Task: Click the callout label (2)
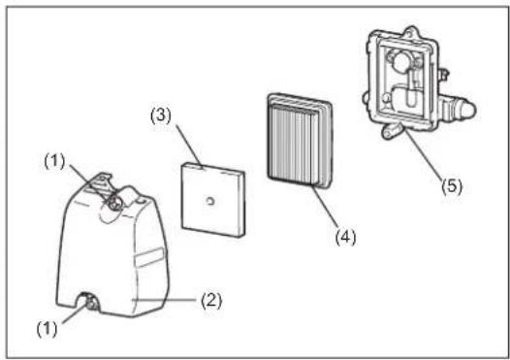pos(211,300)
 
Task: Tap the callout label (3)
pos(161,115)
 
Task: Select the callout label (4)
pos(345,237)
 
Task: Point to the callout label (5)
pos(452,186)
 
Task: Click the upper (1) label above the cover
pos(54,161)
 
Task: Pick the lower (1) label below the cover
pos(47,329)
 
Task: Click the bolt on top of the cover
pos(112,204)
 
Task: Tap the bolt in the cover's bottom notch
pos(91,304)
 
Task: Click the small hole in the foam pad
pos(210,202)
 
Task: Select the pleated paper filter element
pos(300,141)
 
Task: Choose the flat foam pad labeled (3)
pos(212,200)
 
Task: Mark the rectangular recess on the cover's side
pos(148,257)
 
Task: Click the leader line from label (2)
pos(165,299)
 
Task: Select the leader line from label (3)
pos(190,147)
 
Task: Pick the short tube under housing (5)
pos(392,131)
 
